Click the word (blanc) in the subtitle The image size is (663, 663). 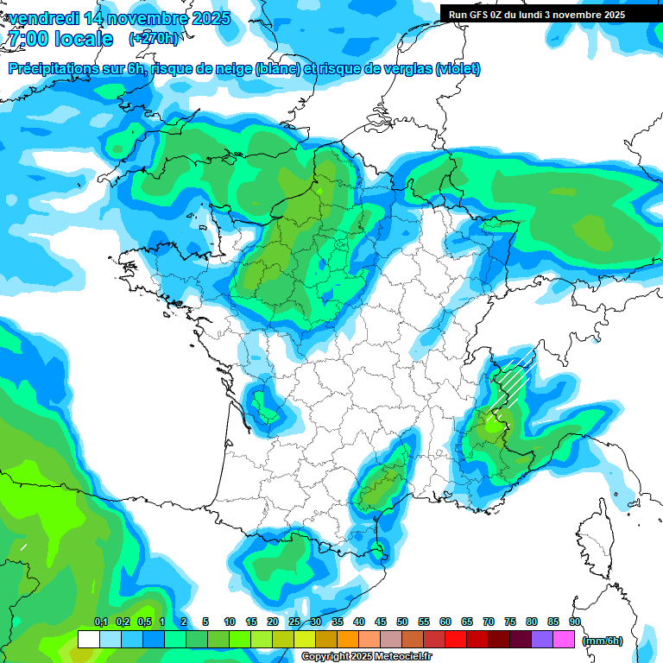[x=276, y=69]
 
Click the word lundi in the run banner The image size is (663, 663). [x=538, y=15]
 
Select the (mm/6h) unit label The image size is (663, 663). [x=603, y=641]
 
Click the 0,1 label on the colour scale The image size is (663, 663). [x=100, y=622]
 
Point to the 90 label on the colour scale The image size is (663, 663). [x=575, y=622]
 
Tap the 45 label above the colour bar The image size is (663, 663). [x=381, y=622]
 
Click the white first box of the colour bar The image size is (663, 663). [x=88, y=640]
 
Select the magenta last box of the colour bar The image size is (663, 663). [x=564, y=640]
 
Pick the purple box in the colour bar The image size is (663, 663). [x=542, y=640]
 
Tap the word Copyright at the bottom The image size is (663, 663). [x=326, y=657]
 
